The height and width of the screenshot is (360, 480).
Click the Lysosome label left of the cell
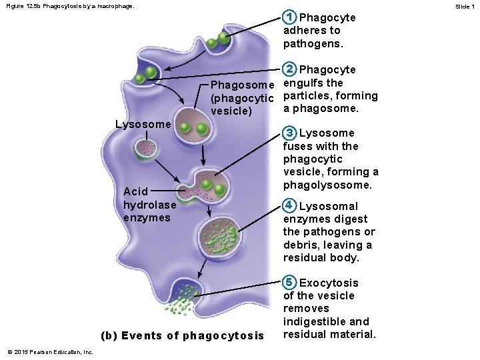coord(143,124)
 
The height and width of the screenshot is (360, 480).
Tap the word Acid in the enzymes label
coord(136,191)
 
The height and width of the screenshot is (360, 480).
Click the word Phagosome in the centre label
coord(242,85)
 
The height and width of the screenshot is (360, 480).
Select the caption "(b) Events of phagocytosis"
coord(181,335)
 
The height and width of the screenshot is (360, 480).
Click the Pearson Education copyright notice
coord(51,352)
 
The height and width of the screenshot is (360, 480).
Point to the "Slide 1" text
coord(464,6)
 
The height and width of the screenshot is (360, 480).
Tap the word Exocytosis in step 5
coord(329,283)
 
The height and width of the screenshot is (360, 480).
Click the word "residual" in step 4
coord(304,257)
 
